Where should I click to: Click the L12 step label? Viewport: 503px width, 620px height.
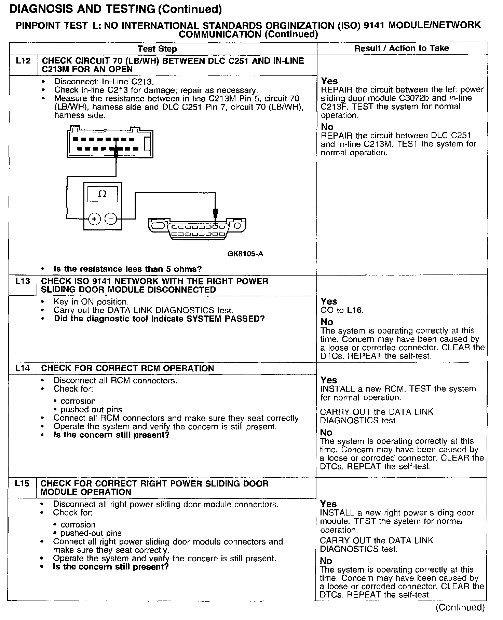coord(23,61)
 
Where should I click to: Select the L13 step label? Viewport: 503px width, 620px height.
coord(23,281)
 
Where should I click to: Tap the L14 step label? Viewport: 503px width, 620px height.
coord(23,368)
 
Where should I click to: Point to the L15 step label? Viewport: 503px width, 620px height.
coord(22,483)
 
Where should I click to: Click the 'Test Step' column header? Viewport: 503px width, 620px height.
coord(157,49)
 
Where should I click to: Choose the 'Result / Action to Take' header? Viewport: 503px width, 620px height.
coord(402,48)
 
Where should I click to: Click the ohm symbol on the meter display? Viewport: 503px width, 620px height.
coord(102,194)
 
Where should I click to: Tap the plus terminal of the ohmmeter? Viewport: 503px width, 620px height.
coord(94,219)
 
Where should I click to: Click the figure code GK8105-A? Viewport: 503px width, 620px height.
coord(245,254)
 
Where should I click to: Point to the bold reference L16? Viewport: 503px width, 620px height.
coord(355,310)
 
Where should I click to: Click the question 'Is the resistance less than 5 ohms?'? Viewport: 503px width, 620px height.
coord(127,269)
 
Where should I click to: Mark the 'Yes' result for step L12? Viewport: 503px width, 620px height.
coord(329,81)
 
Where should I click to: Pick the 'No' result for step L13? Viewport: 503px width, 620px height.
coord(327,322)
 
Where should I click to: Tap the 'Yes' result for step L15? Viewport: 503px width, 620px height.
coord(328,504)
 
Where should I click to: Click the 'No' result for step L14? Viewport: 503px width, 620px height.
coord(326,432)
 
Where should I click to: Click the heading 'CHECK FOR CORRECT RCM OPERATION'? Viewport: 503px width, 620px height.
coord(127,368)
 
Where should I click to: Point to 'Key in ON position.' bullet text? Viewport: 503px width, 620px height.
coord(91,302)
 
